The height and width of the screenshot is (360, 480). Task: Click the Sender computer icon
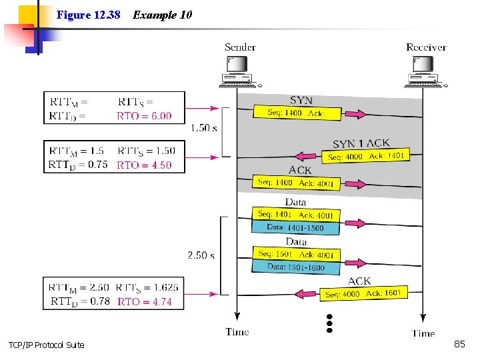(239, 72)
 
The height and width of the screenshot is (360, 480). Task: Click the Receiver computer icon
(425, 72)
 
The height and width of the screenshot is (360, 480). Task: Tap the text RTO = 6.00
(144, 116)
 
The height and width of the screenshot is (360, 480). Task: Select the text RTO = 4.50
(144, 165)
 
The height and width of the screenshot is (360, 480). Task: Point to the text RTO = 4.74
(145, 301)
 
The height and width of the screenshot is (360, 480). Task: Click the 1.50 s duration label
(203, 128)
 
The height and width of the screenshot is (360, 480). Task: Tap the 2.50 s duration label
(201, 255)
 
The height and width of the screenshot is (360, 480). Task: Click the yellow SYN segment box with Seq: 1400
(297, 113)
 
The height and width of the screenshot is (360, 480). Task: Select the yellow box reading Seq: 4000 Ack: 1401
(365, 156)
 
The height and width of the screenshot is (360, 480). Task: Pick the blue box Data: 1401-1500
(295, 227)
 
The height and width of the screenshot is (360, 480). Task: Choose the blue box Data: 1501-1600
(296, 267)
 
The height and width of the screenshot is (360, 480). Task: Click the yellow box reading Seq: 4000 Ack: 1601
(364, 293)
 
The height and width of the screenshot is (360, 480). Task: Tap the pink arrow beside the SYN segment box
(355, 114)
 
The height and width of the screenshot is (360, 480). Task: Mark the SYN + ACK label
(361, 143)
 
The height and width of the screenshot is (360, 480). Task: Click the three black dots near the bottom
(329, 323)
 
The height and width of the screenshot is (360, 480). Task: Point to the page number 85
(459, 344)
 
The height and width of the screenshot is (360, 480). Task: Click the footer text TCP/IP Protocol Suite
(47, 345)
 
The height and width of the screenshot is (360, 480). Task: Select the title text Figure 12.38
(88, 15)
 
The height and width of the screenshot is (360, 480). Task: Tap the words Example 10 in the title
(162, 15)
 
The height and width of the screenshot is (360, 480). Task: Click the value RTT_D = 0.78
(80, 301)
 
